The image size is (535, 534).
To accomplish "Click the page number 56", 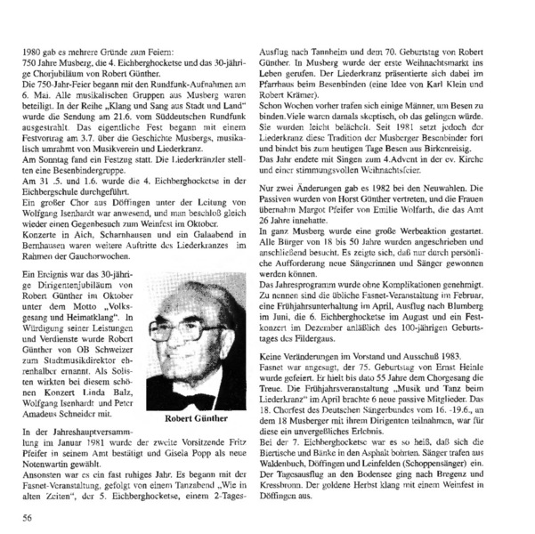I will (28, 515).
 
